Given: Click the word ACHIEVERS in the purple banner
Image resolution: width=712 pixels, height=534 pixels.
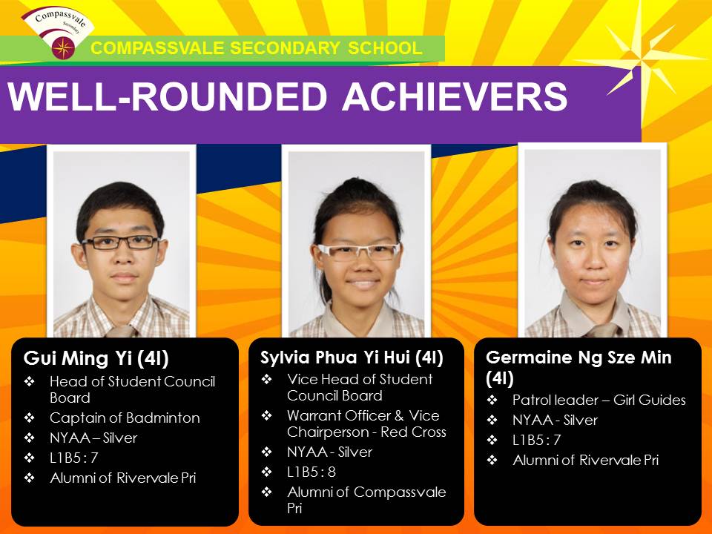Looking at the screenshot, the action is pyautogui.click(x=455, y=96).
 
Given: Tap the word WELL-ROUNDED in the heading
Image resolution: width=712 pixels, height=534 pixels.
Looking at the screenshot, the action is pyautogui.click(x=167, y=96).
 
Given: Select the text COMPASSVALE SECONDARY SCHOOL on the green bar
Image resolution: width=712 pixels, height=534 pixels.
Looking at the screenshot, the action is pyautogui.click(x=257, y=48).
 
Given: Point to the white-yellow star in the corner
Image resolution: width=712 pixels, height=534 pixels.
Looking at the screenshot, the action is pyautogui.click(x=640, y=59).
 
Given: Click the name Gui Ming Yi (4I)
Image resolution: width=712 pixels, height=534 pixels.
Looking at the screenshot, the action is pyautogui.click(x=96, y=358).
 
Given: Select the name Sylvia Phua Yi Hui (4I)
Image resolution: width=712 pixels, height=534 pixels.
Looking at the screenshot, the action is pyautogui.click(x=352, y=357).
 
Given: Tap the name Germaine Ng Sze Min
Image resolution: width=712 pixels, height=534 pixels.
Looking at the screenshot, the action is pyautogui.click(x=578, y=357).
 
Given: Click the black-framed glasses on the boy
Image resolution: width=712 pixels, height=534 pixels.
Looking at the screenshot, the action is pyautogui.click(x=120, y=243).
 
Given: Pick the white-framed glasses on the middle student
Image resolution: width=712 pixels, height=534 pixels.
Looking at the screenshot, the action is pyautogui.click(x=359, y=252).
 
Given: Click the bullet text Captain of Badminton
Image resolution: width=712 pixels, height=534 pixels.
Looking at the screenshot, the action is pyautogui.click(x=125, y=418).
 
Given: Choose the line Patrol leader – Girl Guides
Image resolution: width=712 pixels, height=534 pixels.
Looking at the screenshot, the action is pyautogui.click(x=599, y=400).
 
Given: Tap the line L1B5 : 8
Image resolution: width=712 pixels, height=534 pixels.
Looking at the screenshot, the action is pyautogui.click(x=311, y=472).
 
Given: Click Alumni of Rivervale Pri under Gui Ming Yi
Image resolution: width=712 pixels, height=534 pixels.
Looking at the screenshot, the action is pyautogui.click(x=123, y=478).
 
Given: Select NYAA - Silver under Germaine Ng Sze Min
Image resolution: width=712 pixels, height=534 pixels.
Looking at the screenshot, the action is pyautogui.click(x=555, y=420).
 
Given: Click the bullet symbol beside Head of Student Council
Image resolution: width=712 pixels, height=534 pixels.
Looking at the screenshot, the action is pyautogui.click(x=30, y=381).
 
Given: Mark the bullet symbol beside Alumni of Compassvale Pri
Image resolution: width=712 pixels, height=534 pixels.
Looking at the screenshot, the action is pyautogui.click(x=267, y=492).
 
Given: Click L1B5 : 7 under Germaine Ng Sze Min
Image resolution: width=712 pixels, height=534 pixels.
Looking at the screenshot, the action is pyautogui.click(x=537, y=440).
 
